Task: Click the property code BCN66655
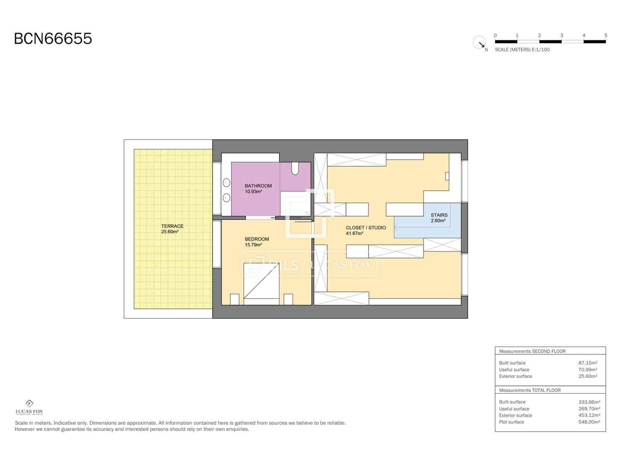(x=53, y=39)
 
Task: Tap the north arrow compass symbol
(x=480, y=43)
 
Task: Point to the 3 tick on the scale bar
(x=561, y=36)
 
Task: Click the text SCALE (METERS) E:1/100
(x=522, y=50)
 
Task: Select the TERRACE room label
(x=172, y=229)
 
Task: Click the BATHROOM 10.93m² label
(x=258, y=189)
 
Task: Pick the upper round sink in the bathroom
(x=226, y=183)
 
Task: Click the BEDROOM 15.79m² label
(x=257, y=242)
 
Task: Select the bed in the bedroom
(x=261, y=281)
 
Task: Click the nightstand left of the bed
(x=235, y=300)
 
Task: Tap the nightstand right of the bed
(x=288, y=300)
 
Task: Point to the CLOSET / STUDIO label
(x=365, y=230)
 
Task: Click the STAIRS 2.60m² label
(x=439, y=218)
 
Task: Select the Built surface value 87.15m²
(x=587, y=363)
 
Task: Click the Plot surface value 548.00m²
(x=589, y=422)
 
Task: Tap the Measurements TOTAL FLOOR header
(x=530, y=390)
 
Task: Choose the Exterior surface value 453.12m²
(x=589, y=415)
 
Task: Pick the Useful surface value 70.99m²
(x=587, y=370)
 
